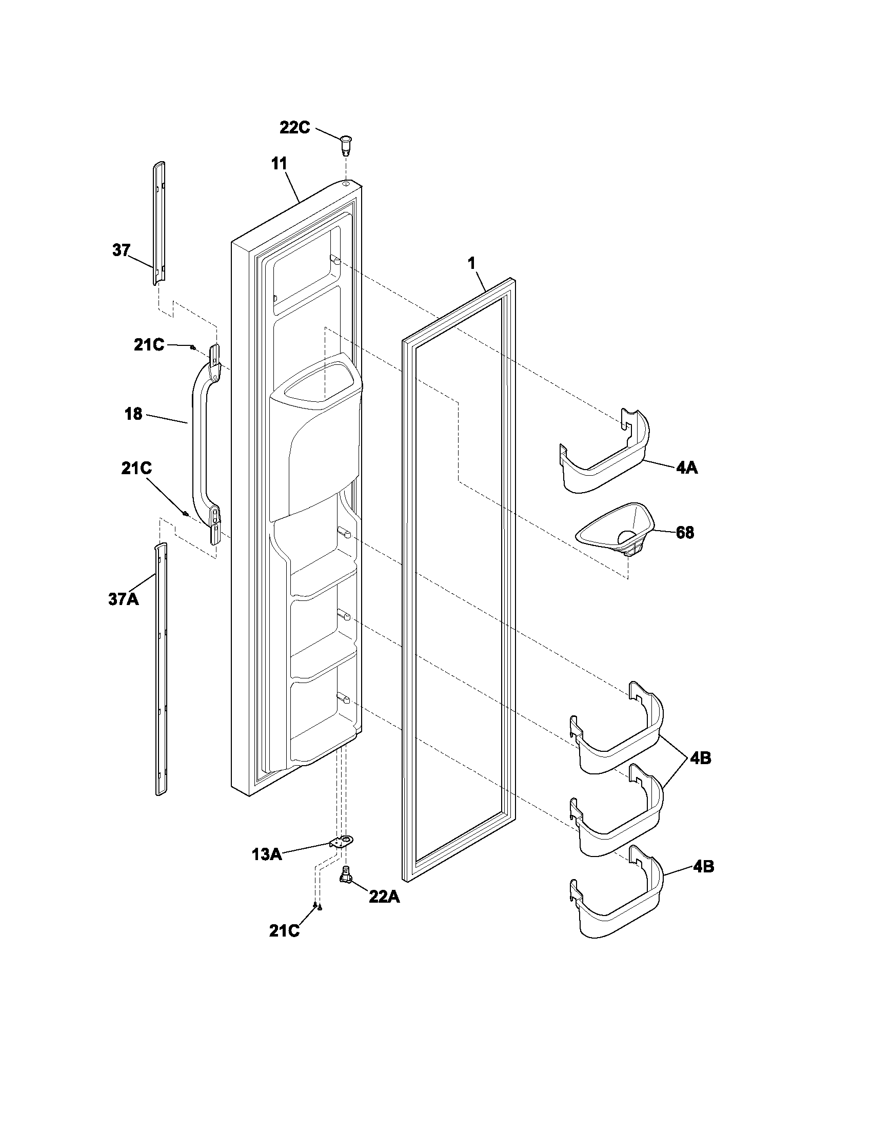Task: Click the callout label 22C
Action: [x=295, y=128]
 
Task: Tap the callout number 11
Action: [x=279, y=164]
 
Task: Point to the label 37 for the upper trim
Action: [x=122, y=251]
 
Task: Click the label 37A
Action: [x=124, y=599]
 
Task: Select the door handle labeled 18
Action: [x=199, y=444]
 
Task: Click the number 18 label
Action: [x=133, y=414]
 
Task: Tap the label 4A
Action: [x=686, y=469]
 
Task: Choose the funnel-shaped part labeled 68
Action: [x=615, y=533]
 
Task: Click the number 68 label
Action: [x=685, y=533]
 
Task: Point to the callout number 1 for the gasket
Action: [x=471, y=263]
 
